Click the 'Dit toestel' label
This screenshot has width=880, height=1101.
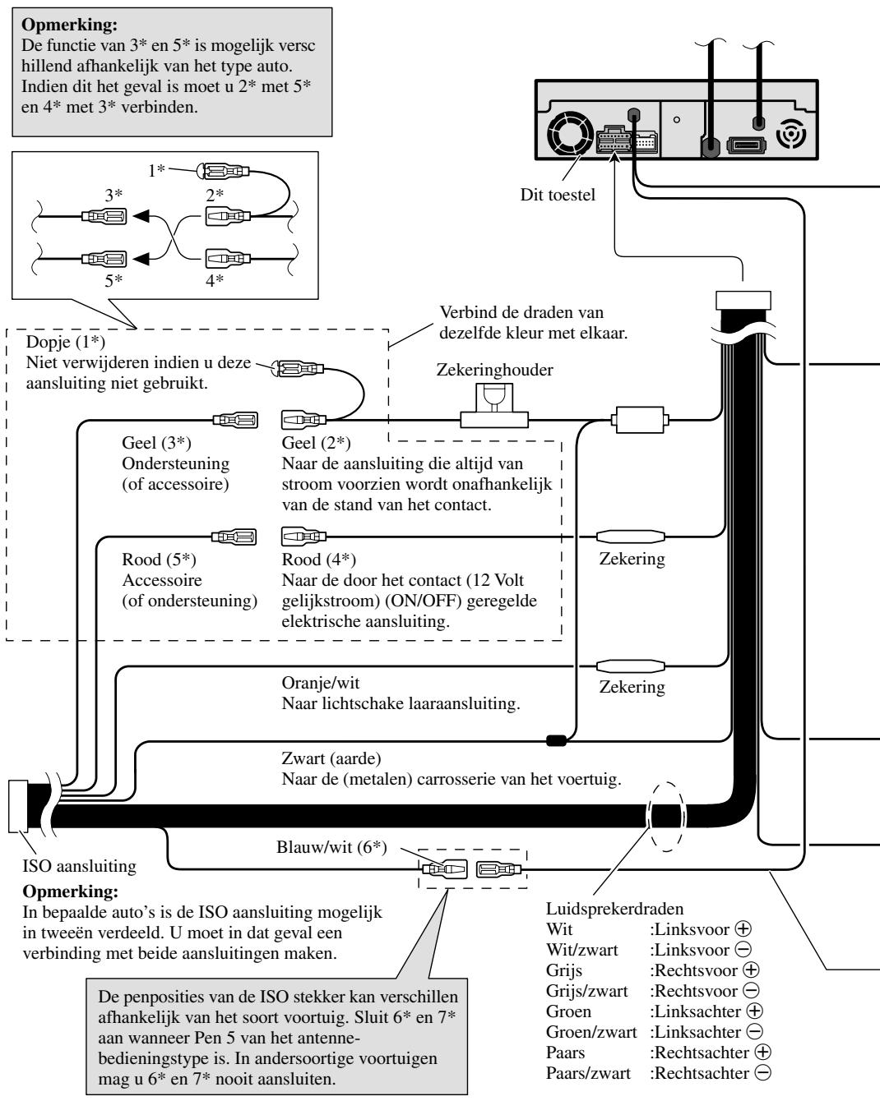tap(558, 195)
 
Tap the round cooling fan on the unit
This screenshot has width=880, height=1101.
tap(571, 133)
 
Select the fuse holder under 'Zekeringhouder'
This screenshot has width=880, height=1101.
tap(494, 406)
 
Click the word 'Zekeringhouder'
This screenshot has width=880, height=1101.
tap(495, 370)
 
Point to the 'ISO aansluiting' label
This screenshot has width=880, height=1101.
tap(80, 866)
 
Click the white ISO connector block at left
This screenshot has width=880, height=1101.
tap(18, 806)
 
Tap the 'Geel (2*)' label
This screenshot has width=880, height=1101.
tap(316, 443)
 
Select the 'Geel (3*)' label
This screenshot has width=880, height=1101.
tap(157, 443)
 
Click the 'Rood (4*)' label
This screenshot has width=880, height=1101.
tap(318, 560)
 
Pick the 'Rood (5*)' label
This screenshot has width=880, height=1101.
tap(159, 560)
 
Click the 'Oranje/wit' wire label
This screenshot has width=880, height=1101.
tap(321, 683)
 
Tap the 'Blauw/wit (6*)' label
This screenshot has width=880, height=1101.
tap(331, 847)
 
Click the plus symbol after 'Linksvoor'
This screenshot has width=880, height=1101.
tap(743, 929)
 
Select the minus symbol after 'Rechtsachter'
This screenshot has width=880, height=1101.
tap(762, 1073)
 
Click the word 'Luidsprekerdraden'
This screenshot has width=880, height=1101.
tap(614, 909)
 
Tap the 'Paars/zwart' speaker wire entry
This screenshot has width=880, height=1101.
tap(589, 1073)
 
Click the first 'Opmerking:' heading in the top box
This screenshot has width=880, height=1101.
tap(70, 25)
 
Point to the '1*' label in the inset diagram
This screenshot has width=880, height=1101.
tap(156, 170)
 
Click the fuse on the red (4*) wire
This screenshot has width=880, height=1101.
tap(631, 537)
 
